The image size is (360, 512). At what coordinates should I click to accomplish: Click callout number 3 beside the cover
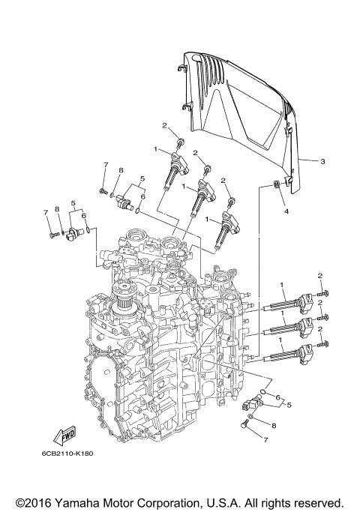(322, 161)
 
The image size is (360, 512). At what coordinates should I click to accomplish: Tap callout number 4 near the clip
(286, 212)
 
